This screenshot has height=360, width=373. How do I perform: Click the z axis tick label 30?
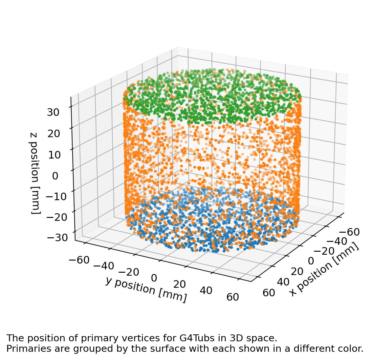click(x=53, y=112)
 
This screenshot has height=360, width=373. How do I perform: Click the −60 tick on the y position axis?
click(x=79, y=260)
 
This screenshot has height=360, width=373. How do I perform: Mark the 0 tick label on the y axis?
click(x=154, y=278)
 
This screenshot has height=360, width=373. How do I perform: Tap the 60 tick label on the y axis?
click(x=232, y=297)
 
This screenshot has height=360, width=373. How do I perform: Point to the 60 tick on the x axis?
click(x=269, y=292)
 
